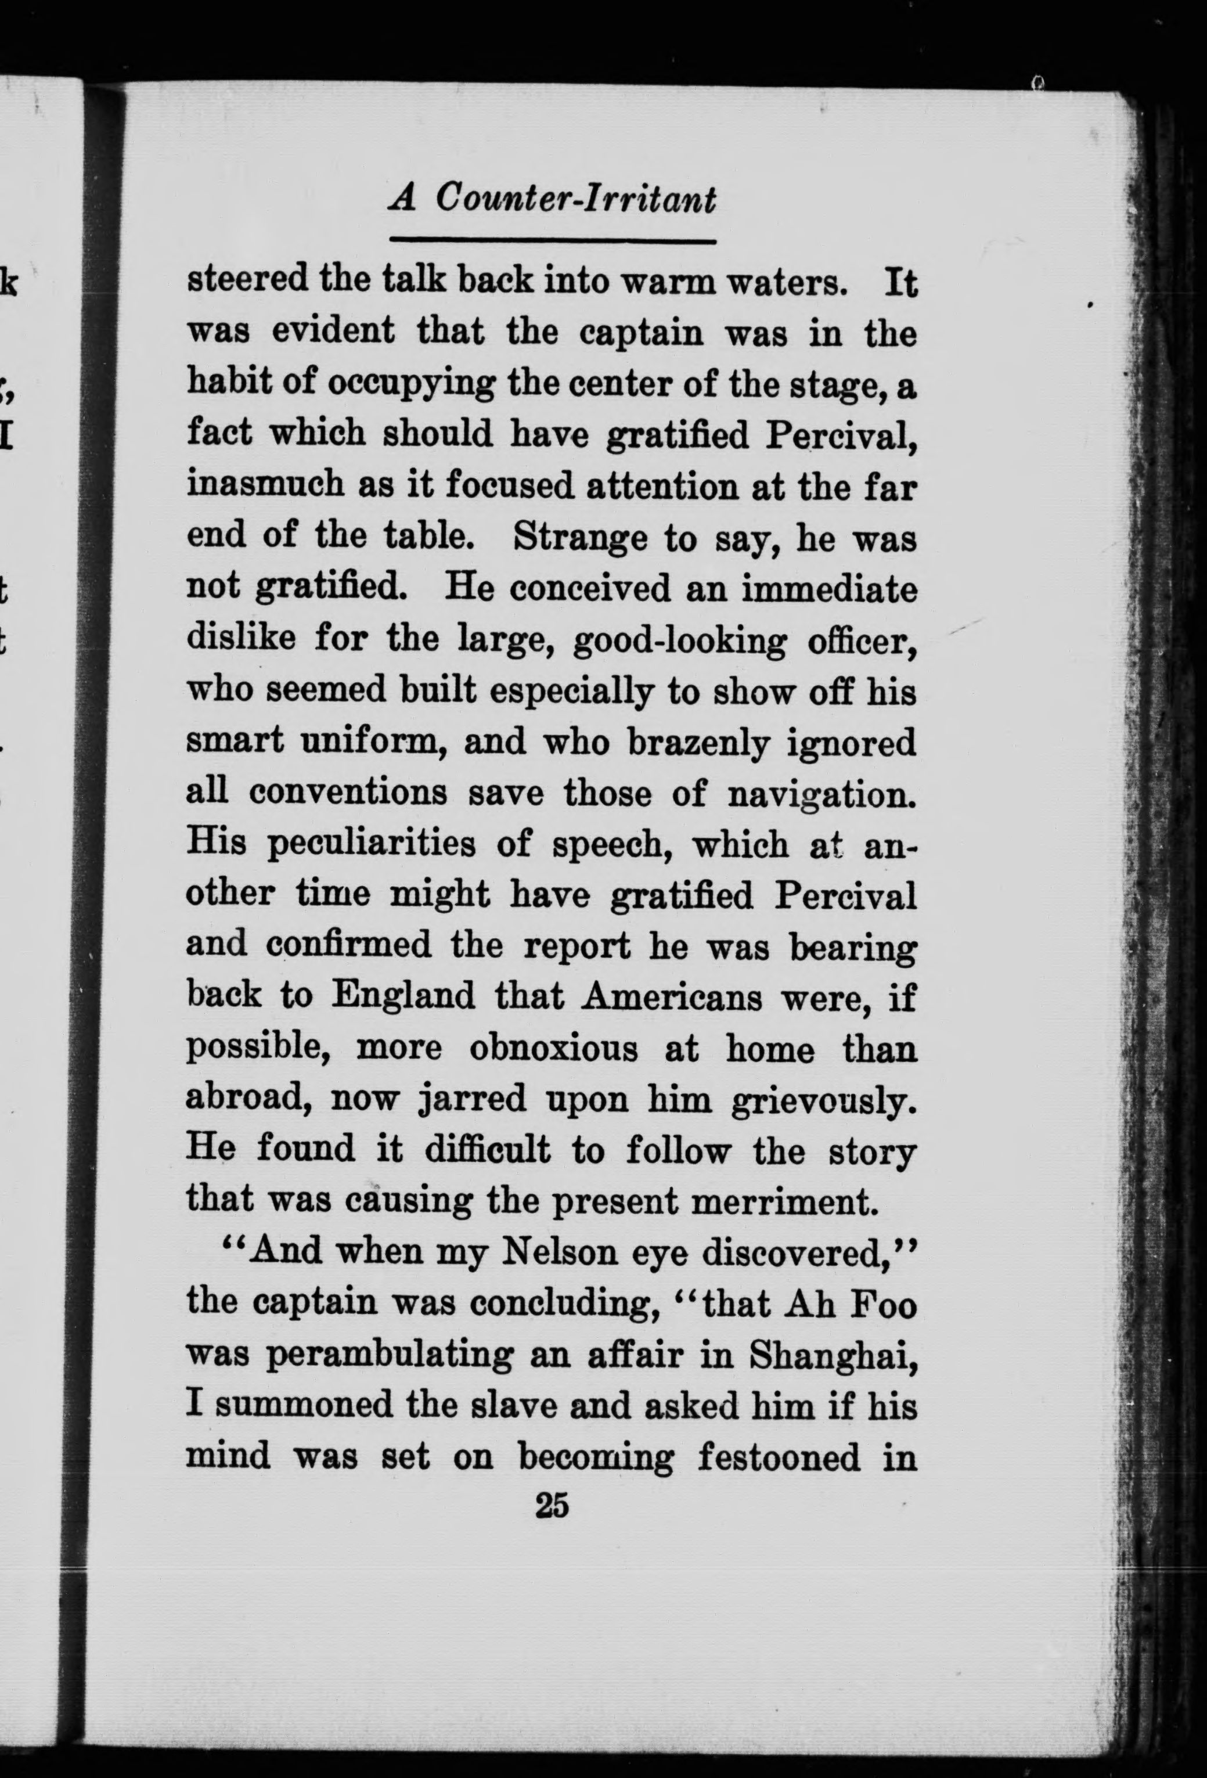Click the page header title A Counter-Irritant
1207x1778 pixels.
552,200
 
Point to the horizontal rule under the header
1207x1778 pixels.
552,241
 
